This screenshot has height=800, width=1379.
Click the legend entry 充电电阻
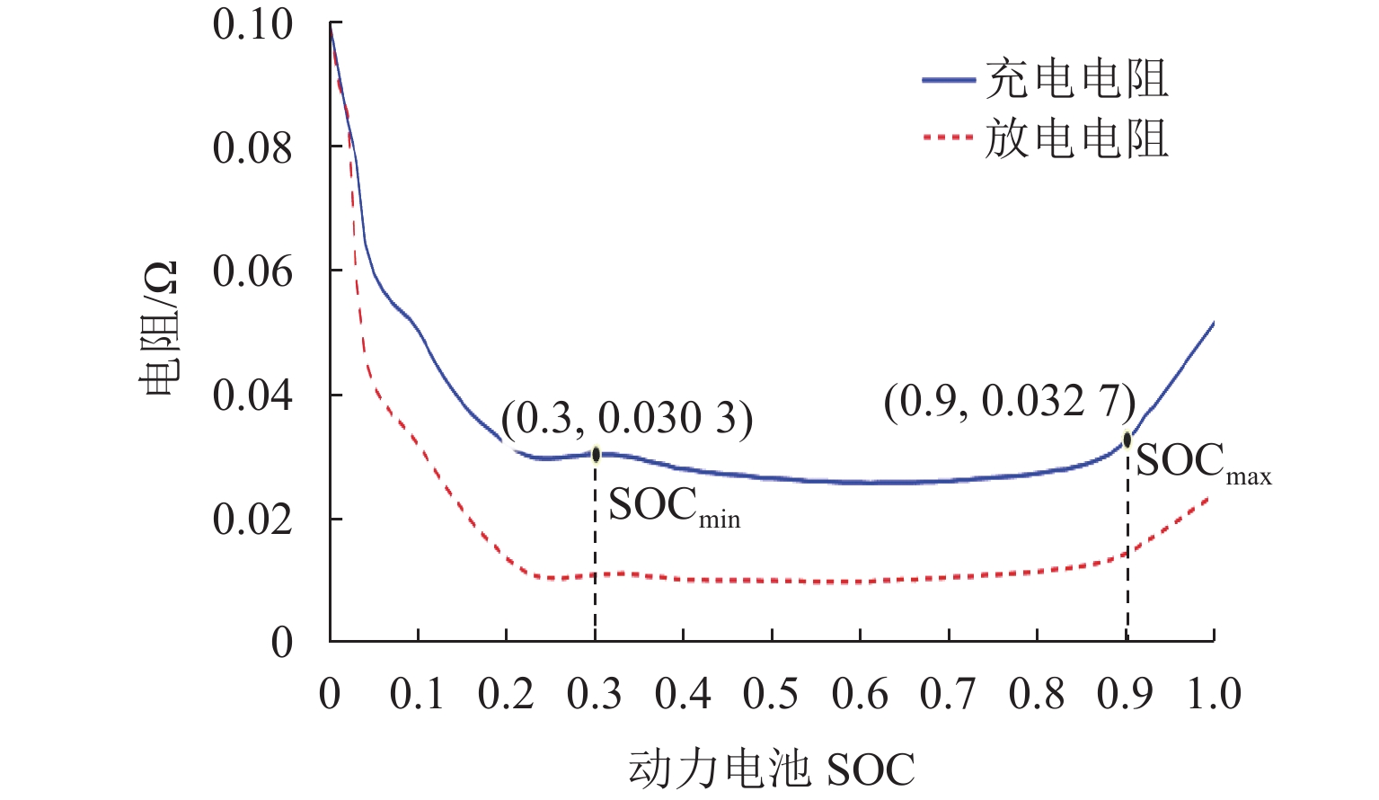pos(1076,80)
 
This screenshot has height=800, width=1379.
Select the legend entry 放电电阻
pos(1076,139)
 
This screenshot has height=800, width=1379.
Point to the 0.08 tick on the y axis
pos(252,147)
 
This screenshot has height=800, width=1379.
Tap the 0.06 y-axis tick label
pos(252,271)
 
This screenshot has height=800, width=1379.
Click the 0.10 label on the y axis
pos(252,24)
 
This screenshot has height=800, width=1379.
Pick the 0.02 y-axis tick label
pos(252,520)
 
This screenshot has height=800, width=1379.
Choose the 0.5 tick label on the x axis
pos(771,694)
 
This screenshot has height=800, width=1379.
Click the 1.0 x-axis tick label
pos(1214,694)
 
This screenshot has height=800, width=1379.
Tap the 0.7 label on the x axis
pos(948,694)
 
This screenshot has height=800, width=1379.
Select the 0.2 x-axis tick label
pos(506,694)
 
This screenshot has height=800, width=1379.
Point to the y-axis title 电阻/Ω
pos(159,329)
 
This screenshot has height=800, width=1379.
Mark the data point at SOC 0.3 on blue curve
pos(596,454)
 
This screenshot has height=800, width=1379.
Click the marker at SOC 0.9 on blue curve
pos(1127,440)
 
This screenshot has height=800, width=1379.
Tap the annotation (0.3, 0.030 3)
pos(627,418)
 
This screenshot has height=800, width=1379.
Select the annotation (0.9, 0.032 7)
pos(1010,401)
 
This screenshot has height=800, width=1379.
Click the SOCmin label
pos(674,507)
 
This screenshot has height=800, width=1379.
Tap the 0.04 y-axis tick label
pos(252,396)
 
